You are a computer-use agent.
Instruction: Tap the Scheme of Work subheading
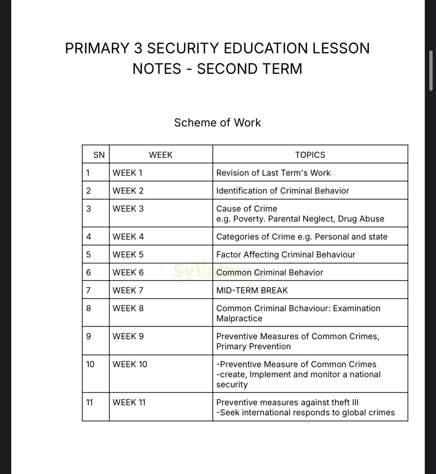click(x=218, y=122)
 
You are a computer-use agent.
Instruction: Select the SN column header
click(x=99, y=155)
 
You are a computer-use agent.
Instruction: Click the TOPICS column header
click(x=310, y=155)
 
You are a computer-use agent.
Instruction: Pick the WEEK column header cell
click(x=161, y=155)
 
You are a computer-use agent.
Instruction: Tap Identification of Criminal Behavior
click(x=282, y=191)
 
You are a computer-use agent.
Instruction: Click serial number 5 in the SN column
click(x=88, y=255)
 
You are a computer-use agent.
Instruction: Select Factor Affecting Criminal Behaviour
click(x=285, y=255)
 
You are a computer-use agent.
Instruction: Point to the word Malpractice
click(x=239, y=318)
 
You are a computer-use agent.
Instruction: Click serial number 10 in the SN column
click(x=90, y=364)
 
